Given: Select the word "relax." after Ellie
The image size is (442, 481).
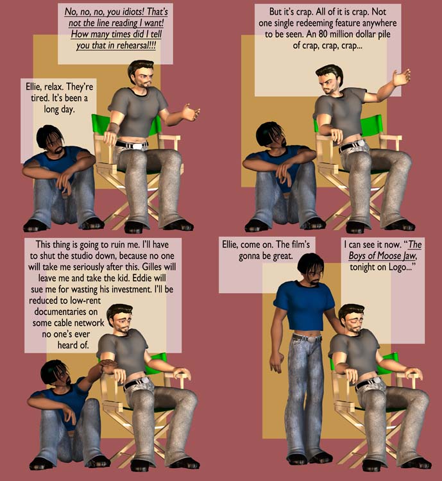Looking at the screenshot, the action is [x=54, y=87].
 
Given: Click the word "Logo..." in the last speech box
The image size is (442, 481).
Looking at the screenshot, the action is [x=402, y=267].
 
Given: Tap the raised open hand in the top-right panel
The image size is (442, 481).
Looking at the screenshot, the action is [x=402, y=78].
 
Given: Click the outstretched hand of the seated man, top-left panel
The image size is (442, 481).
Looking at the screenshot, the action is [x=191, y=113].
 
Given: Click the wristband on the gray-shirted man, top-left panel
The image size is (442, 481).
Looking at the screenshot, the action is [x=114, y=128].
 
